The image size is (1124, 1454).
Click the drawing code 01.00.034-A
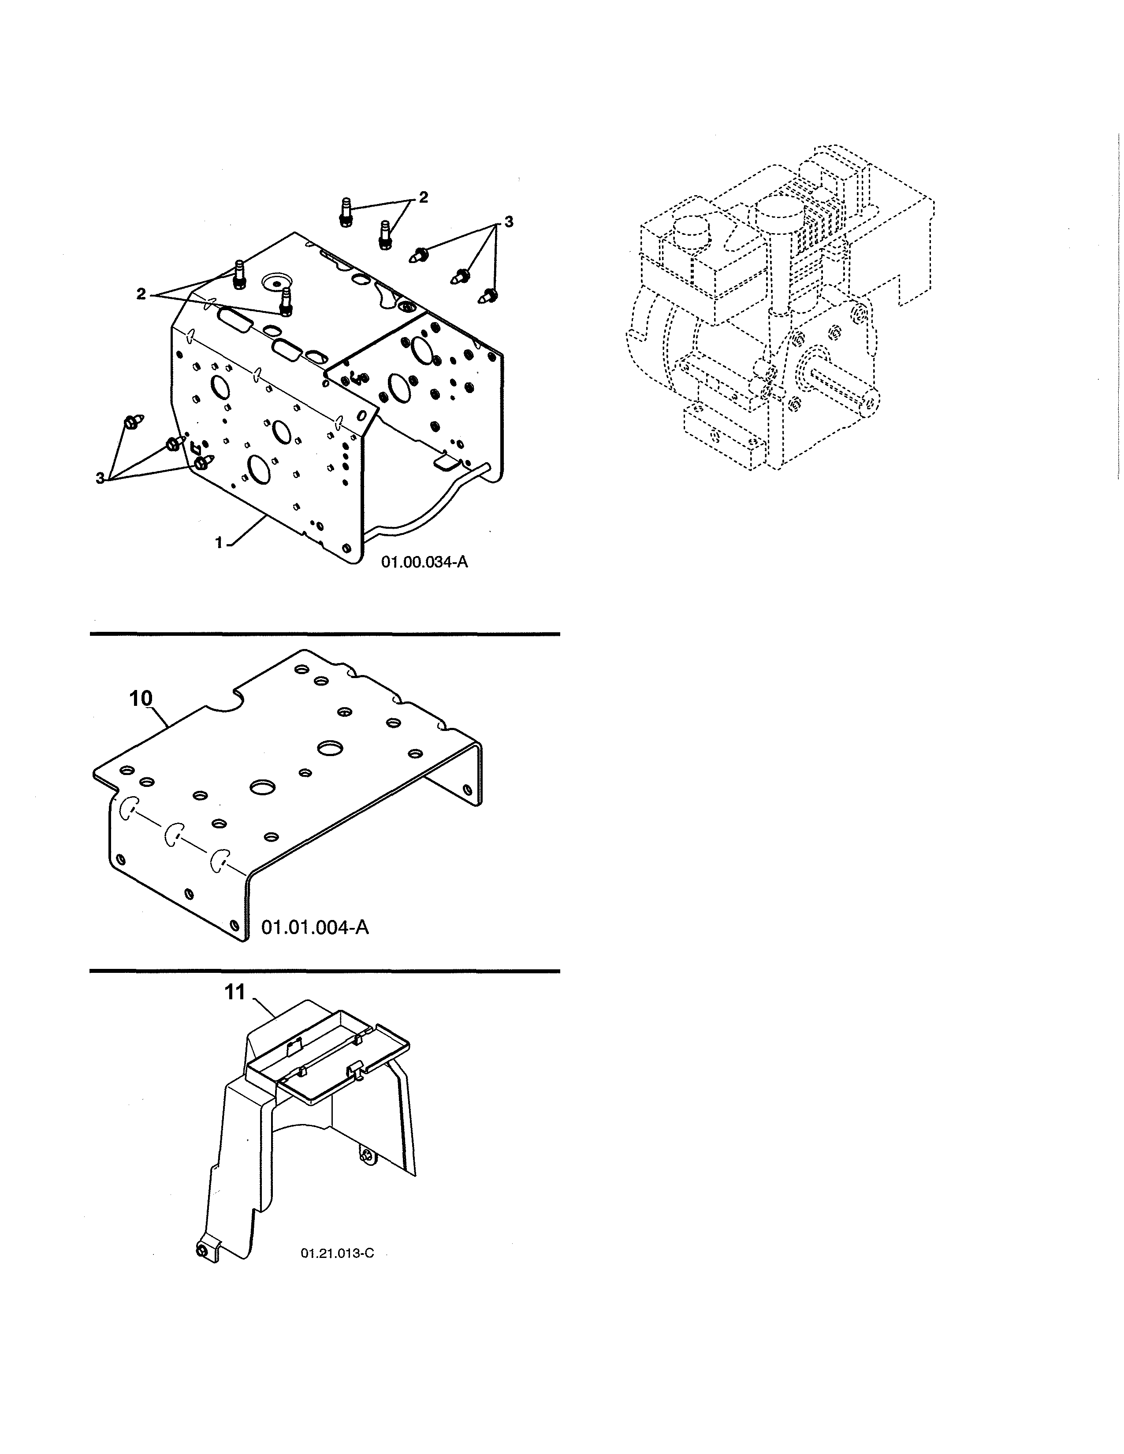pyautogui.click(x=424, y=562)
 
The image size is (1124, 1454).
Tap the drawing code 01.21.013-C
pyautogui.click(x=337, y=1253)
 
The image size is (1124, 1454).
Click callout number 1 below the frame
pyautogui.click(x=219, y=542)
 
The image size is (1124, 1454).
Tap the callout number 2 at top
pyautogui.click(x=423, y=197)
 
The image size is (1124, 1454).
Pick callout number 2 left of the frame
pyautogui.click(x=141, y=293)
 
